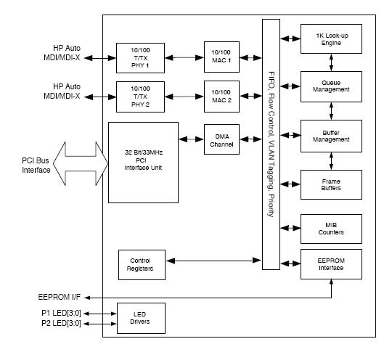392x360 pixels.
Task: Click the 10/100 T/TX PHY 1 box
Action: point(140,58)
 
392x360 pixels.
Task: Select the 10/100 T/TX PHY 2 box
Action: point(140,97)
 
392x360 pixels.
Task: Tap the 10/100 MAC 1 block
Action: point(221,57)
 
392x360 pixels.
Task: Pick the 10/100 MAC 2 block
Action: point(221,97)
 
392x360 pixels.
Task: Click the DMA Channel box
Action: point(221,139)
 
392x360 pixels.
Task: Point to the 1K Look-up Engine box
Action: point(331,38)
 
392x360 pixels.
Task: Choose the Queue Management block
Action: point(331,87)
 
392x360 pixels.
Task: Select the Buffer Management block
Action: point(331,136)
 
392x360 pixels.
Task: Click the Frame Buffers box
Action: point(331,185)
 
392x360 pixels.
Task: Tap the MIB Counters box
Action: point(331,229)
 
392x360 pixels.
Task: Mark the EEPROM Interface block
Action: point(331,264)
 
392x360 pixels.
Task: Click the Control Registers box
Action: point(142,265)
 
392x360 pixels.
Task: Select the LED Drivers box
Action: point(141,318)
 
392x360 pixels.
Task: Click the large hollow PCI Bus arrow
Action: point(81,164)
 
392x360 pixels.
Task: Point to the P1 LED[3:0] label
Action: point(61,313)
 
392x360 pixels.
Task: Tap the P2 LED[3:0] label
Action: point(61,323)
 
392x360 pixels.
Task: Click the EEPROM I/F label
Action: point(60,297)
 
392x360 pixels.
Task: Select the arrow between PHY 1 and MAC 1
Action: point(184,58)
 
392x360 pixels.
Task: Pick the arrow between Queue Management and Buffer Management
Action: point(331,111)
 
